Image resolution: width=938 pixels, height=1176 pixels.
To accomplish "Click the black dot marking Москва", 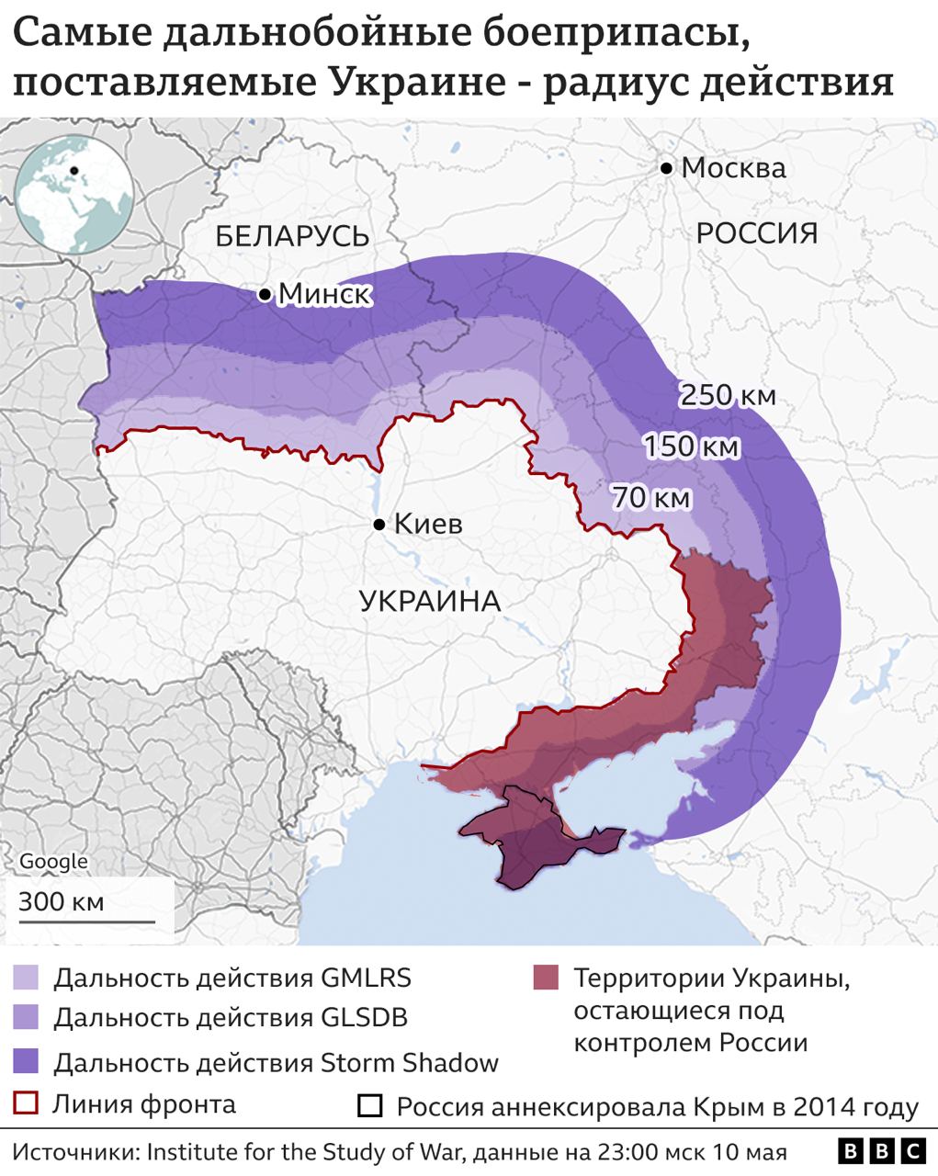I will pos(665,168).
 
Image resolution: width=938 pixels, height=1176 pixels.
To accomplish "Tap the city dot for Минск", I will pos(265,294).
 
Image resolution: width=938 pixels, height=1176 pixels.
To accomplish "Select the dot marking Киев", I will pos(379,525).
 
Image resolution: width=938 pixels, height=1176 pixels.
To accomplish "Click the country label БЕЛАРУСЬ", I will pos(292,236).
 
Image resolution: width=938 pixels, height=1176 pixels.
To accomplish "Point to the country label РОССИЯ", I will pos(756,232).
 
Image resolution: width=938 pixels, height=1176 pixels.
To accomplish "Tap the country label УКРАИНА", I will pos(429,601).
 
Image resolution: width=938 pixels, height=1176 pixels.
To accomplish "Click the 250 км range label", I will pos(728,395).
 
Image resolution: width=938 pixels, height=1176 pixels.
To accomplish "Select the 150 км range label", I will pos(691,447).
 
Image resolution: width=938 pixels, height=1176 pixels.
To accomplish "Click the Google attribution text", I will pos(53,862).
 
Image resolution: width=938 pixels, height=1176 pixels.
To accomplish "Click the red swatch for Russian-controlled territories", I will pos(546,978).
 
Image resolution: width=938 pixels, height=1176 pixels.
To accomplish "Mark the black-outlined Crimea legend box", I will pos(370,1106).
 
